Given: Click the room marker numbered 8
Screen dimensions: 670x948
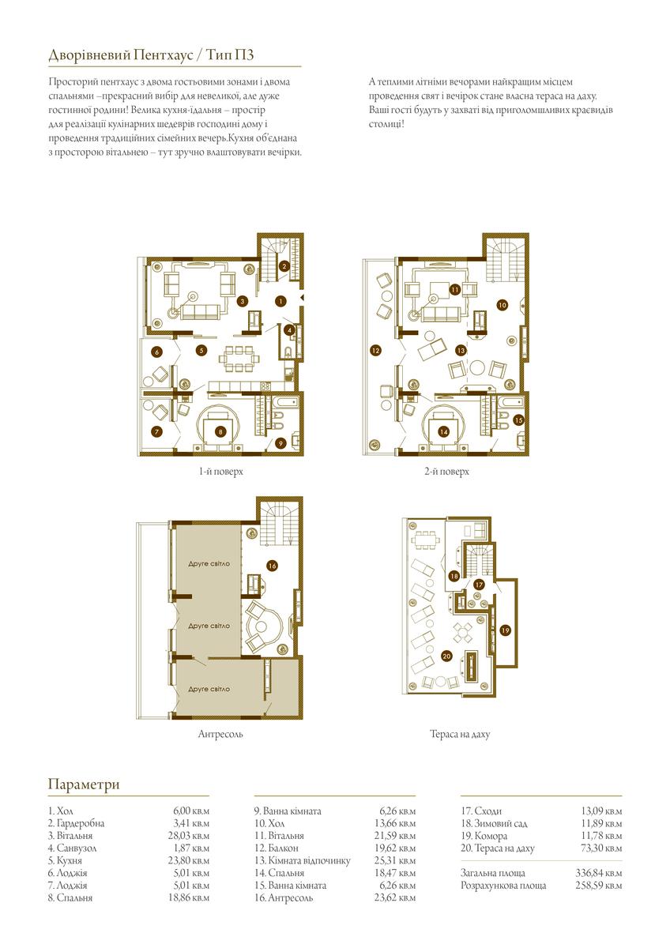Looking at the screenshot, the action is [x=220, y=431].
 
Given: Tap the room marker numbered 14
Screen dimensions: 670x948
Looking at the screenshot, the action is [x=443, y=431].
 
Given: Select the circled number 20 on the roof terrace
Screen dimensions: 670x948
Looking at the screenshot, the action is [x=446, y=656].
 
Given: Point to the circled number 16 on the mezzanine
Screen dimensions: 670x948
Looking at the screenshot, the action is [x=272, y=566].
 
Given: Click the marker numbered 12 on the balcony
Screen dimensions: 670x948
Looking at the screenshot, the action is [x=375, y=351].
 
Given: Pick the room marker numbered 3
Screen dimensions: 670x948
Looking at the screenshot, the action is [x=243, y=301].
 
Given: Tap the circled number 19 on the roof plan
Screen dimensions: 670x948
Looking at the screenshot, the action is [x=506, y=630].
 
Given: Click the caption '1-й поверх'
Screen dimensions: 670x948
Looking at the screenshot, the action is [x=221, y=472].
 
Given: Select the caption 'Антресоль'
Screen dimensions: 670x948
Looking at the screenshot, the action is [x=220, y=734].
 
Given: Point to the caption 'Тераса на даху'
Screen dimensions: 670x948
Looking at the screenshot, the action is [x=460, y=734].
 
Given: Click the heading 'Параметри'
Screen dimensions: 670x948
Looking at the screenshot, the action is [x=84, y=784].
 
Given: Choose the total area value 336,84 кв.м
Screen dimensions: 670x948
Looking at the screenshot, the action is [x=598, y=873].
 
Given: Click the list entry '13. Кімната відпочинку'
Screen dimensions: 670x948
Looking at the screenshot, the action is [x=302, y=861].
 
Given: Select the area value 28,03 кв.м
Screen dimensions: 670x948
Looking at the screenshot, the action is [x=189, y=836].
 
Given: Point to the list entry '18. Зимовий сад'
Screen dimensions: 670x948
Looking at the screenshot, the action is [x=494, y=823].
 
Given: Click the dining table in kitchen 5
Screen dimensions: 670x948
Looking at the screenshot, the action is [x=239, y=359].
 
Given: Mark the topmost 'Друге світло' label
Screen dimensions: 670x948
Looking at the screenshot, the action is [x=209, y=564].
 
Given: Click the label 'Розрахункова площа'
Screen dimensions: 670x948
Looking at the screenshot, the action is [x=503, y=886].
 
